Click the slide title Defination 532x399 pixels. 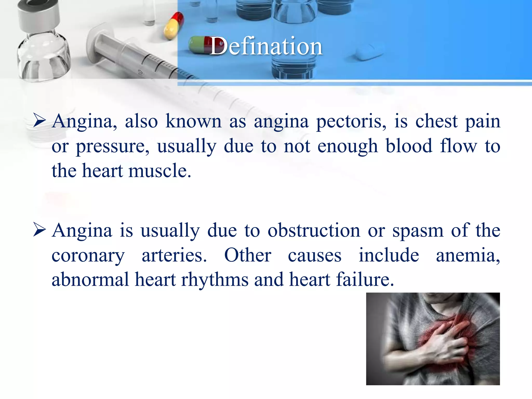click(x=266, y=46)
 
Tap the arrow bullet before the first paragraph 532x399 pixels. click(x=39, y=121)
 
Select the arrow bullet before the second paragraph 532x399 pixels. click(x=39, y=230)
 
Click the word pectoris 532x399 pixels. click(x=351, y=122)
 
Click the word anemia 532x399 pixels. click(x=468, y=255)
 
